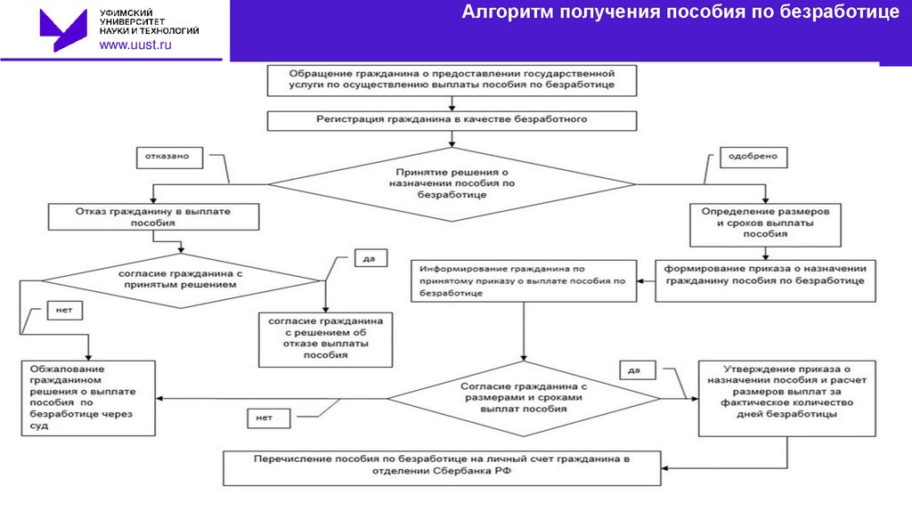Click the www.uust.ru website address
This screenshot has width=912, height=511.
coord(134,45)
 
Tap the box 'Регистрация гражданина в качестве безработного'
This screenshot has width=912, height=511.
coord(452,119)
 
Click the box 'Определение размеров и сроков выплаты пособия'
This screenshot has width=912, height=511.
coord(765,223)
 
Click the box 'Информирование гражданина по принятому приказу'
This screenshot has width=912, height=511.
coord(524,280)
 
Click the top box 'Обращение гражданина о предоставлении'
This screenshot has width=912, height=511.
coord(452,79)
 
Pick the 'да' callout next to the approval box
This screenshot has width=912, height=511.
coord(635,369)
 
